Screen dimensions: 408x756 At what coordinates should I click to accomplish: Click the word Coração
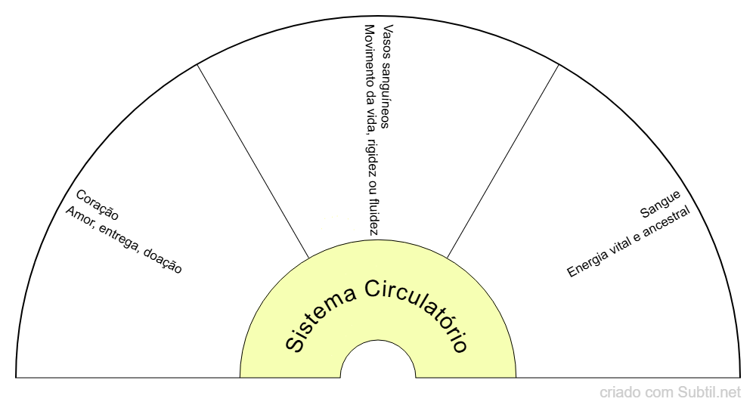point(98,205)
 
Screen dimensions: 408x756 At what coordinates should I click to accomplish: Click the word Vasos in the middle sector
point(389,40)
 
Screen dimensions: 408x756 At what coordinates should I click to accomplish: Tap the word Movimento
point(370,55)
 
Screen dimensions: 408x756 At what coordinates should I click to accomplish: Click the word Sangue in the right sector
point(660,203)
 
